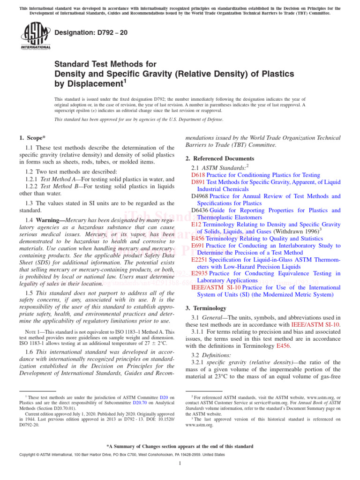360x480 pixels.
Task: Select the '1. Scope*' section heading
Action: click(x=32, y=138)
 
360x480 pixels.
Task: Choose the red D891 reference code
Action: click(x=198, y=182)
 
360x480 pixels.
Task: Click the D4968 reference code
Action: click(x=200, y=196)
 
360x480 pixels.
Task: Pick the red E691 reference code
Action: click(x=198, y=245)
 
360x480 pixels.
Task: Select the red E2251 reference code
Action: click(x=200, y=259)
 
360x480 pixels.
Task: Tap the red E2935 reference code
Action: click(x=200, y=273)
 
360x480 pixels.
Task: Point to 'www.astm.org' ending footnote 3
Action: click(x=199, y=425)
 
